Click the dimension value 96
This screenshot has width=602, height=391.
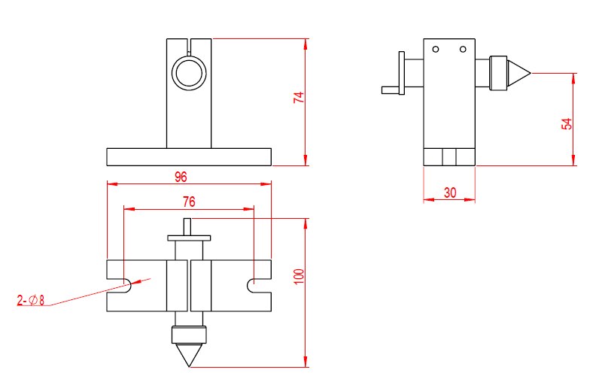181,177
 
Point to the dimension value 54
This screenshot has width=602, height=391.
567,123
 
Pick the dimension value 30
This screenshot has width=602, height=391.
449,192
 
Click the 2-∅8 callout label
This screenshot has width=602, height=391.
31,301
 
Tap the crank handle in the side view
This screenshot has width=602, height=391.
392,89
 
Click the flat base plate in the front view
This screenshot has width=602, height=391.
188,156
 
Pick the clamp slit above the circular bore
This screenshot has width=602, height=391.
189,46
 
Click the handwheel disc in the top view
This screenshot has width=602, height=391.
189,237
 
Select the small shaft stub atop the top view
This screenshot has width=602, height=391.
188,226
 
